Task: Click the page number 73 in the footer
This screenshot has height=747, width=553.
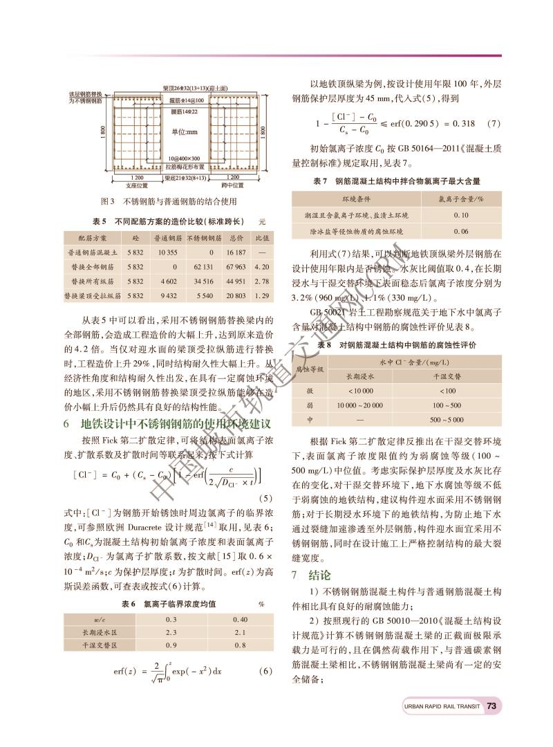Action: tap(492, 706)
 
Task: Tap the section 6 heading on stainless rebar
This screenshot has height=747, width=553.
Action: tap(165, 423)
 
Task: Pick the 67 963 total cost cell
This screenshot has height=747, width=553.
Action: tap(236, 266)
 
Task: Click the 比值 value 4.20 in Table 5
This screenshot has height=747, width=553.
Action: tap(261, 266)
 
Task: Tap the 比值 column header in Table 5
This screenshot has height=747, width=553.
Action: tap(261, 238)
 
